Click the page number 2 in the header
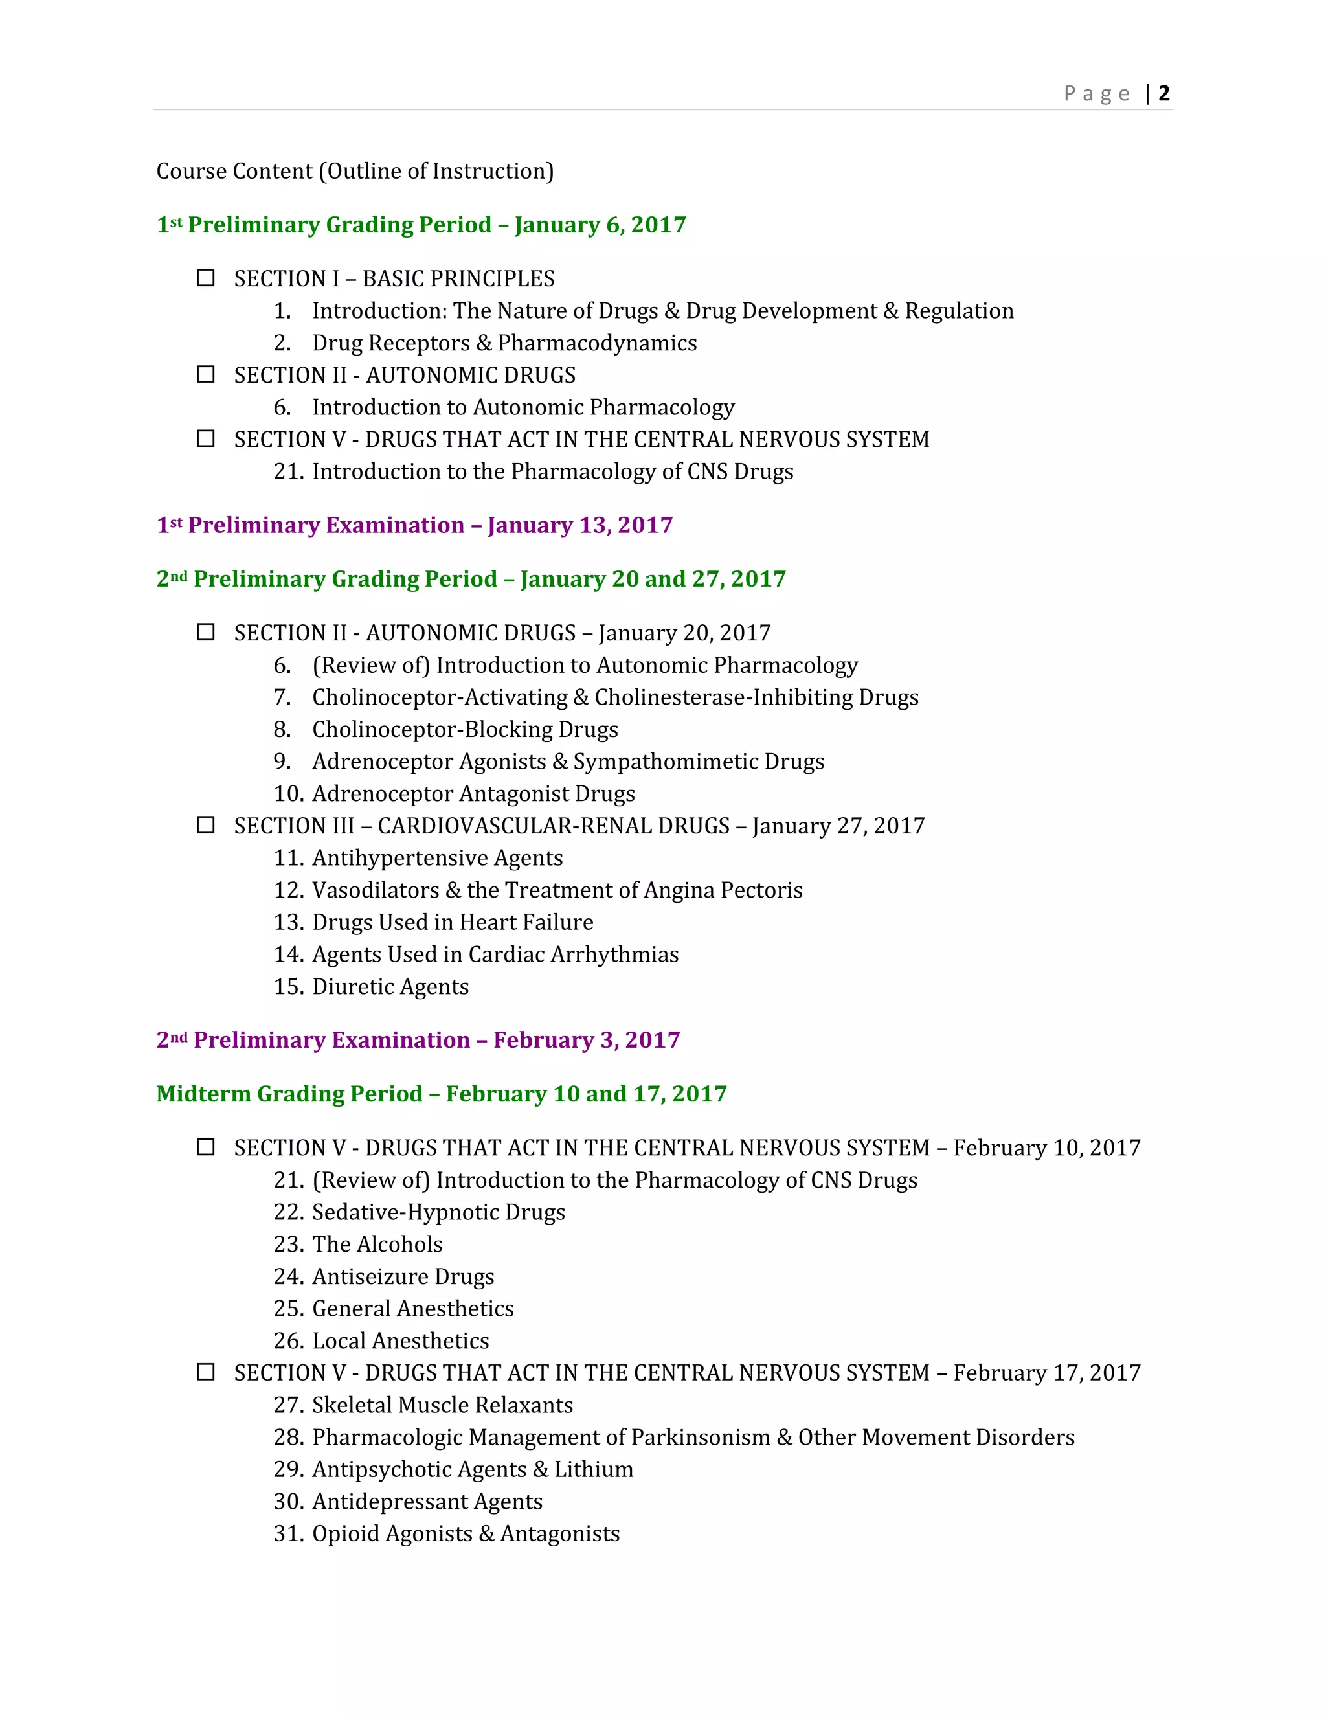1163,93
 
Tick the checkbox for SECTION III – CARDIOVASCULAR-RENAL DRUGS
206,825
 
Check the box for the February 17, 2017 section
206,1372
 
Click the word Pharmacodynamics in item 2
597,343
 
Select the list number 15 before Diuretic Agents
287,986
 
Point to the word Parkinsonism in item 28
700,1437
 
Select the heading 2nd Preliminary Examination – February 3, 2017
418,1039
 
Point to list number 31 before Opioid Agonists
287,1533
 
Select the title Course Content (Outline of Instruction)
355,172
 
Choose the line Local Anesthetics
401,1340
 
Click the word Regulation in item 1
958,311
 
